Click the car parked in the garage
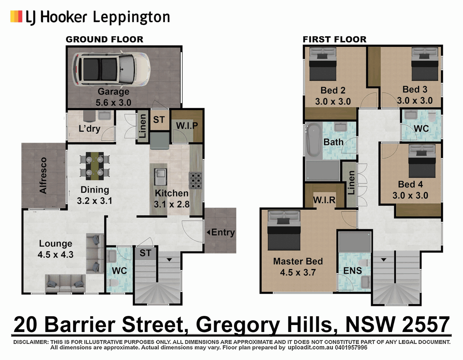tap(111, 69)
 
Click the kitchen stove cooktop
tap(196, 180)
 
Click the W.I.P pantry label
tap(187, 126)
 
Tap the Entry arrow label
tap(221, 232)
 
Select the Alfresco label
tap(43, 176)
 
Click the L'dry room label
tap(89, 129)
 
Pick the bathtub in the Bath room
tap(313, 140)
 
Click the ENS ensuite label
tap(352, 271)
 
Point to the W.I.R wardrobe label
tap(324, 200)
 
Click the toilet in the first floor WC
tap(432, 117)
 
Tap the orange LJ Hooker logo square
tap(16, 16)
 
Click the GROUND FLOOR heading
tap(104, 39)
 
